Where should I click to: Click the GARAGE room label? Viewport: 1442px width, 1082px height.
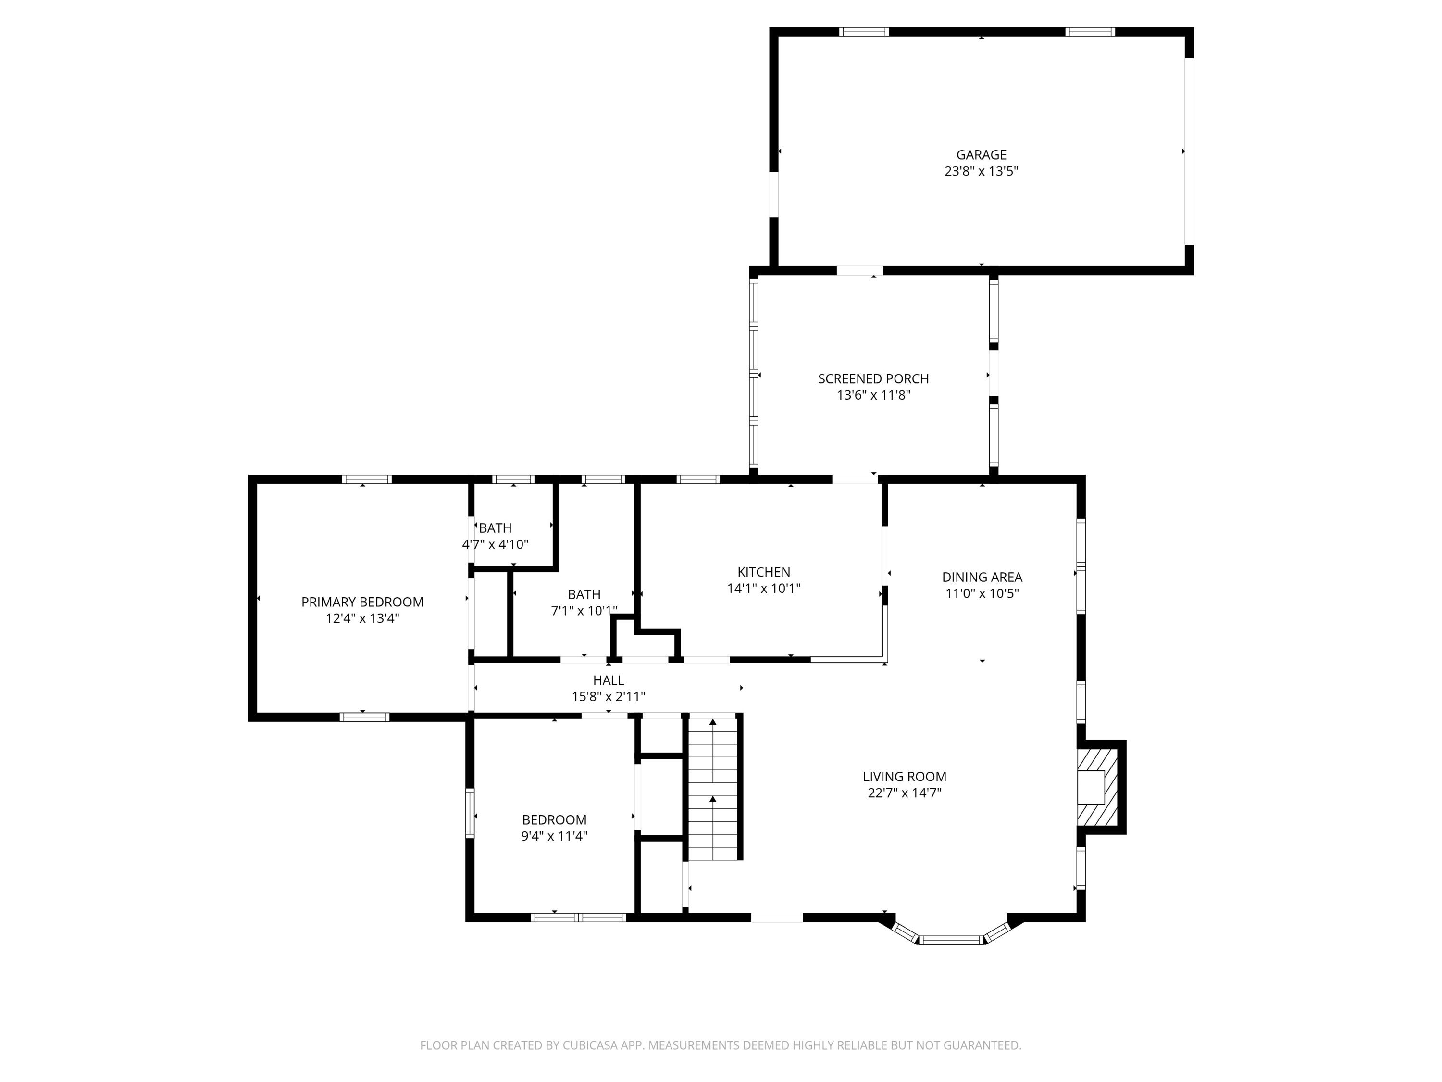click(981, 154)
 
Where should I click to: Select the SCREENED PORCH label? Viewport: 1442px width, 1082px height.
click(873, 378)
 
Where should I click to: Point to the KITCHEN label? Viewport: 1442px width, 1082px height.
click(763, 572)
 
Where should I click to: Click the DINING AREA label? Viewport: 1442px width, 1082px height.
click(982, 577)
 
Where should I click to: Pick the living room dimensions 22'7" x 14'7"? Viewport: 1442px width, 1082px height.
click(904, 793)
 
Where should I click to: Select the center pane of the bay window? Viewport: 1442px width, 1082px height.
click(951, 940)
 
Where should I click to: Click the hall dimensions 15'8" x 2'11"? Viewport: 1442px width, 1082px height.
click(608, 696)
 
